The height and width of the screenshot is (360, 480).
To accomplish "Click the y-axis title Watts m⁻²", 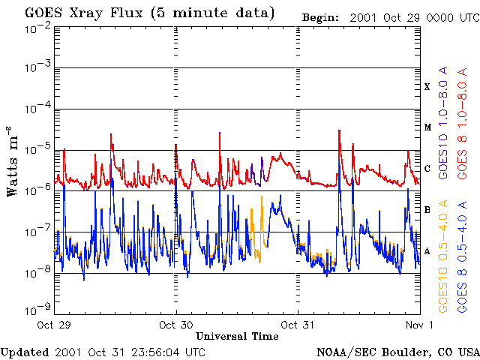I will [x=13, y=160].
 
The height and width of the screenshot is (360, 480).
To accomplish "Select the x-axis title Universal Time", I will [x=237, y=336].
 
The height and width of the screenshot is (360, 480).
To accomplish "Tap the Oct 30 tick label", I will [x=177, y=325].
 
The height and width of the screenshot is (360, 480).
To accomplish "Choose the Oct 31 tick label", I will [x=298, y=325].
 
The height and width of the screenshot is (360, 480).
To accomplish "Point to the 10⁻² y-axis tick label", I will [x=37, y=28].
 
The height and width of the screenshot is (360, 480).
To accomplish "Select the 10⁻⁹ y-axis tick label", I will [x=37, y=308].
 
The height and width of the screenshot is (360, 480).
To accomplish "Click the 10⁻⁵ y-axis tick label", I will [x=37, y=148].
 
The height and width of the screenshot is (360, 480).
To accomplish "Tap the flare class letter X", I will [x=427, y=87].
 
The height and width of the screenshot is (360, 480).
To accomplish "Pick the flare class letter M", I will [x=427, y=127].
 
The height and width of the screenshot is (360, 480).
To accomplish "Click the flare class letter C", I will [x=427, y=169].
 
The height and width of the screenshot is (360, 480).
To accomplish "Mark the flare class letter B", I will [x=427, y=210].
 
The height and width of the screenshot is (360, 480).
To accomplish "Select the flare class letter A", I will [x=427, y=251].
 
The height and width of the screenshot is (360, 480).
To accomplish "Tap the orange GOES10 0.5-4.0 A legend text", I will [x=443, y=255].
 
